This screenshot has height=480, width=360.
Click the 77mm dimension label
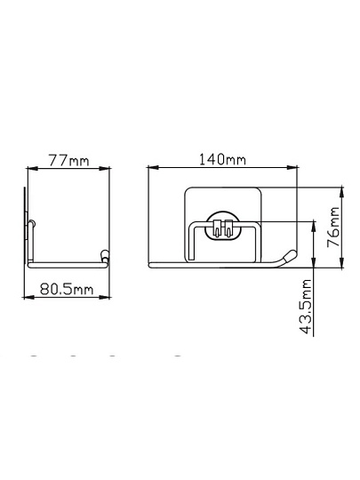[68, 160]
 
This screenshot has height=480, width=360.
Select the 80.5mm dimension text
[67, 289]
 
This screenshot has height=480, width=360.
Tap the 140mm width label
[222, 159]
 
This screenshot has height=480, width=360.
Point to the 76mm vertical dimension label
[333, 228]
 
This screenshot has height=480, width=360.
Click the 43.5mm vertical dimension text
[305, 307]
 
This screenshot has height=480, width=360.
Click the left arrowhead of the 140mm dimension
[153, 167]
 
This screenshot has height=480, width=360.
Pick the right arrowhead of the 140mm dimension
[292, 167]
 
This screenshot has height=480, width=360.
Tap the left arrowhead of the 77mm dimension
[33, 168]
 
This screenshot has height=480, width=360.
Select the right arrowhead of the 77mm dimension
[104, 168]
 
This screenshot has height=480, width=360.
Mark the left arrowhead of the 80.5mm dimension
[28, 297]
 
